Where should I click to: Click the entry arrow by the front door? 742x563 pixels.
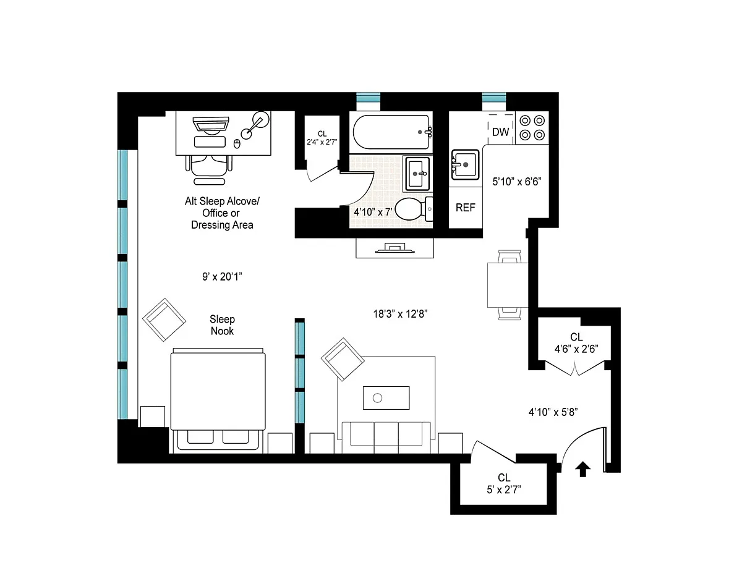click(x=582, y=469)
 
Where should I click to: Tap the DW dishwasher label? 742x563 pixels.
click(x=501, y=132)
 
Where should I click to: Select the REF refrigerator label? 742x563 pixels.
click(x=465, y=208)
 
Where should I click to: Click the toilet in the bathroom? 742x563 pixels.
click(x=414, y=209)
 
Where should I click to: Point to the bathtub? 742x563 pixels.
click(x=392, y=132)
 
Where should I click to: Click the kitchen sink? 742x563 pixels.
click(x=465, y=164)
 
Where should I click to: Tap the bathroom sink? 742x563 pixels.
click(x=418, y=174)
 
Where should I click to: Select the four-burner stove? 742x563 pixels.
click(x=532, y=128)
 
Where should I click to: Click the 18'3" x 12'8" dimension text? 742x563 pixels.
click(x=400, y=314)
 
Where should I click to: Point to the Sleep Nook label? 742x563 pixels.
click(x=222, y=325)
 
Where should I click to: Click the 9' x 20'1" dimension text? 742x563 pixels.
click(x=222, y=277)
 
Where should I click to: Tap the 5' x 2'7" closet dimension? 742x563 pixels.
click(x=504, y=489)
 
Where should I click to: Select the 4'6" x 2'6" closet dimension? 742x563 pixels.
click(x=576, y=349)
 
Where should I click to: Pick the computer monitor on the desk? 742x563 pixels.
click(x=211, y=125)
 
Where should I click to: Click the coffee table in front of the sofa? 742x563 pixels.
click(x=386, y=398)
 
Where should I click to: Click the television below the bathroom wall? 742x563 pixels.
click(x=395, y=248)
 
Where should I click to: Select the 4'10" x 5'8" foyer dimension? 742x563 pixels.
click(x=553, y=412)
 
